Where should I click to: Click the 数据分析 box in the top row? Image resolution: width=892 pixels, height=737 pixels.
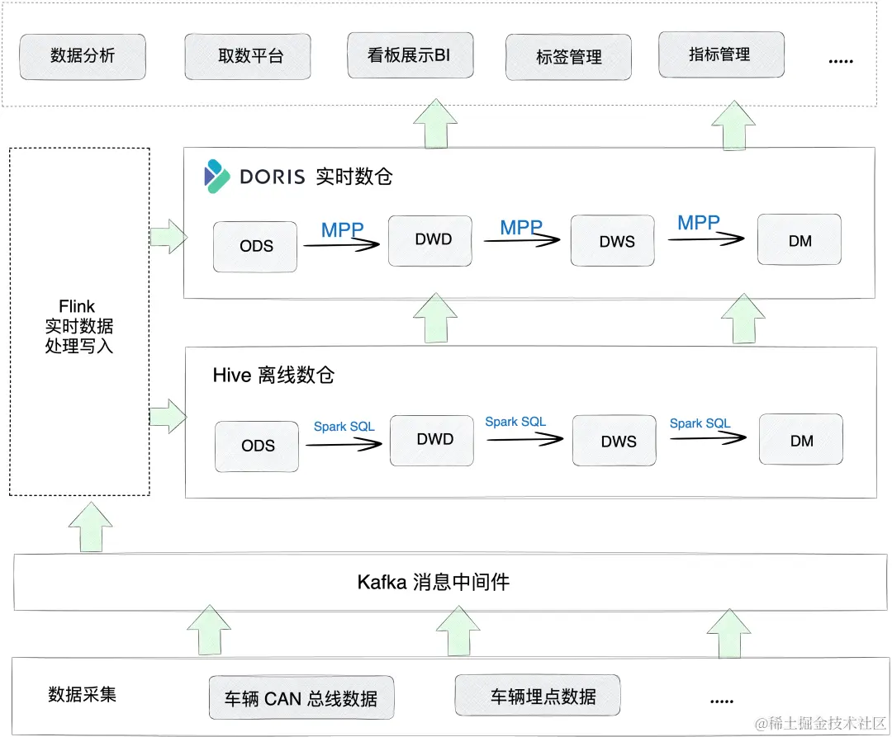pos(83,57)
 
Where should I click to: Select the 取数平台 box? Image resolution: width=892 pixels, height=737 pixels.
pos(248,57)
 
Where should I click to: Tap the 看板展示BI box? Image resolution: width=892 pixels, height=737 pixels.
pos(410,55)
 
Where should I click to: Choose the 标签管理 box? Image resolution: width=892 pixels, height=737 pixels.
pos(568,58)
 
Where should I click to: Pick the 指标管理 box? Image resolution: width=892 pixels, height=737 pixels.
pos(721,55)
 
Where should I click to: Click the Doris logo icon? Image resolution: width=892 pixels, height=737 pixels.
pos(217,176)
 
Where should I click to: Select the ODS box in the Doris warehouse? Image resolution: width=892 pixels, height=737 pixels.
pos(255,246)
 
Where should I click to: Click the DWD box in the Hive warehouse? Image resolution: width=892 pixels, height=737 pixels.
pos(434,440)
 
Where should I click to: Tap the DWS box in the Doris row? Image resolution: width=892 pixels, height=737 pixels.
pos(616,242)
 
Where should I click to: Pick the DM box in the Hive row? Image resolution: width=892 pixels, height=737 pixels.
pos(801,442)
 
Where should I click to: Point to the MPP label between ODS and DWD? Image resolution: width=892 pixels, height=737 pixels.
pos(342,230)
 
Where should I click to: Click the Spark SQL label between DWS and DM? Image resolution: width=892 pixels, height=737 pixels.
pos(700,423)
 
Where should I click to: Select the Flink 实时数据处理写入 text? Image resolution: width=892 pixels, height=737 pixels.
pos(78,327)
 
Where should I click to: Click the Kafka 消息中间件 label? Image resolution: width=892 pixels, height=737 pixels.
pos(433,582)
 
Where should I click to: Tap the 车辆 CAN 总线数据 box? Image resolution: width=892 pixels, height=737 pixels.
pos(301,699)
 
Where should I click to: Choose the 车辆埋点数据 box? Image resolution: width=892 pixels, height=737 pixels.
pos(537,697)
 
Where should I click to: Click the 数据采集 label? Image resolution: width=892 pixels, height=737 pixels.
pos(83,694)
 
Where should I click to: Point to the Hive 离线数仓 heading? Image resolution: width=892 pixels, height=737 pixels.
pos(273,376)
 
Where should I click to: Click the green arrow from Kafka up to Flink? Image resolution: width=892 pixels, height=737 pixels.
pos(90,527)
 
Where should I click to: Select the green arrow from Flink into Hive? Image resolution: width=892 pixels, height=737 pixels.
pos(168,416)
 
